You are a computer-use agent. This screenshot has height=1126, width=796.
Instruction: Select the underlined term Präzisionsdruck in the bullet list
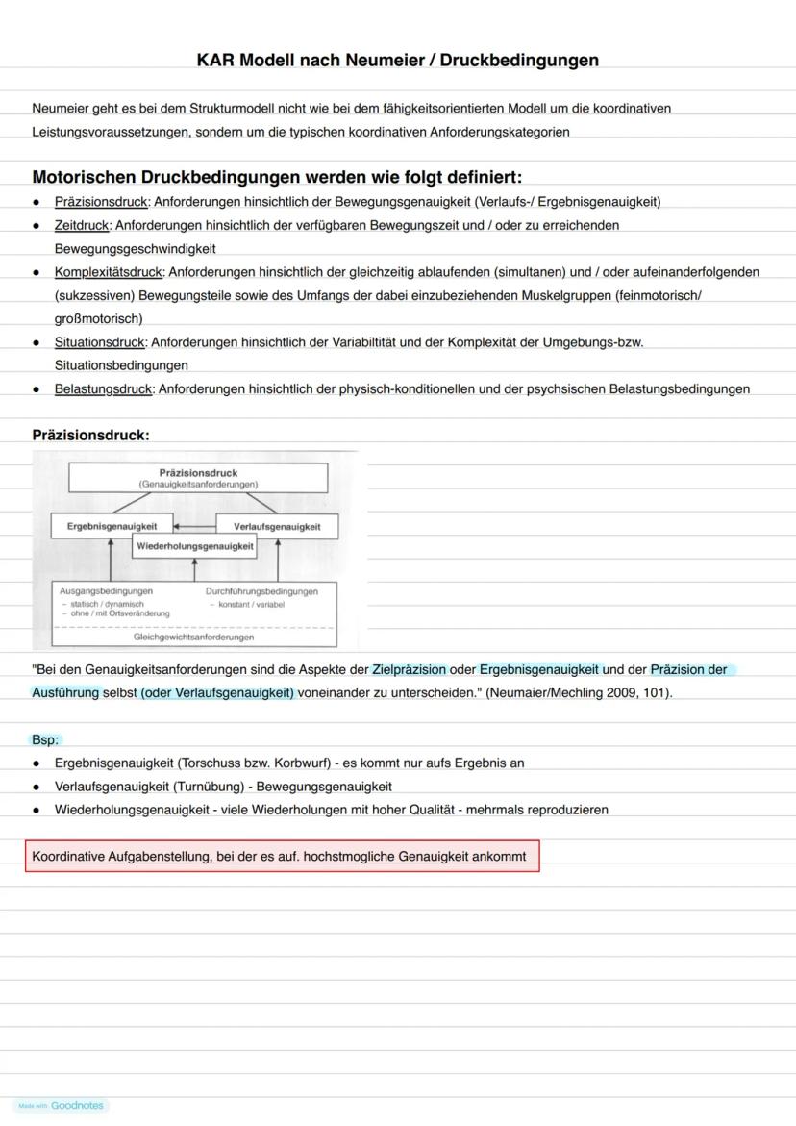tap(101, 202)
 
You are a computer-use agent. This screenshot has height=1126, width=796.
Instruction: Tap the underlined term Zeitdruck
tap(83, 225)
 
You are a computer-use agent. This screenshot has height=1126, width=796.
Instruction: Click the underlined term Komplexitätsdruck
tap(109, 272)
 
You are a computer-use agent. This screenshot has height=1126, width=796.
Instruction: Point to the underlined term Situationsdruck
tap(100, 342)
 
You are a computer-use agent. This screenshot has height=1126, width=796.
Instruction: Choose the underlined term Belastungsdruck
tap(103, 389)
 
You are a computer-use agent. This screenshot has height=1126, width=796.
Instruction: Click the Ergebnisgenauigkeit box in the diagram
tap(112, 526)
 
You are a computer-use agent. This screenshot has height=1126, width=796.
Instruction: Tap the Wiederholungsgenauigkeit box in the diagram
tap(195, 546)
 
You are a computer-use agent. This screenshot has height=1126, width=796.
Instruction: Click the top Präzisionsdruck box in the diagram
tap(198, 478)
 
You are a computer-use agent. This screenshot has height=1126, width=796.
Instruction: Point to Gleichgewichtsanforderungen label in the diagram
tap(194, 637)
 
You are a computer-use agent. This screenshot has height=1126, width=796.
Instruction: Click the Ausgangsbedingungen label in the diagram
tap(106, 591)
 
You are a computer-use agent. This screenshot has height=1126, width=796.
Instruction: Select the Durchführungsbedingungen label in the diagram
tap(261, 591)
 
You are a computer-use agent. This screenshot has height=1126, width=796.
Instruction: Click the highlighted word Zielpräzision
tap(409, 669)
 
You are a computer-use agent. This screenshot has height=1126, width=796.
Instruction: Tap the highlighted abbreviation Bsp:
tap(45, 739)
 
